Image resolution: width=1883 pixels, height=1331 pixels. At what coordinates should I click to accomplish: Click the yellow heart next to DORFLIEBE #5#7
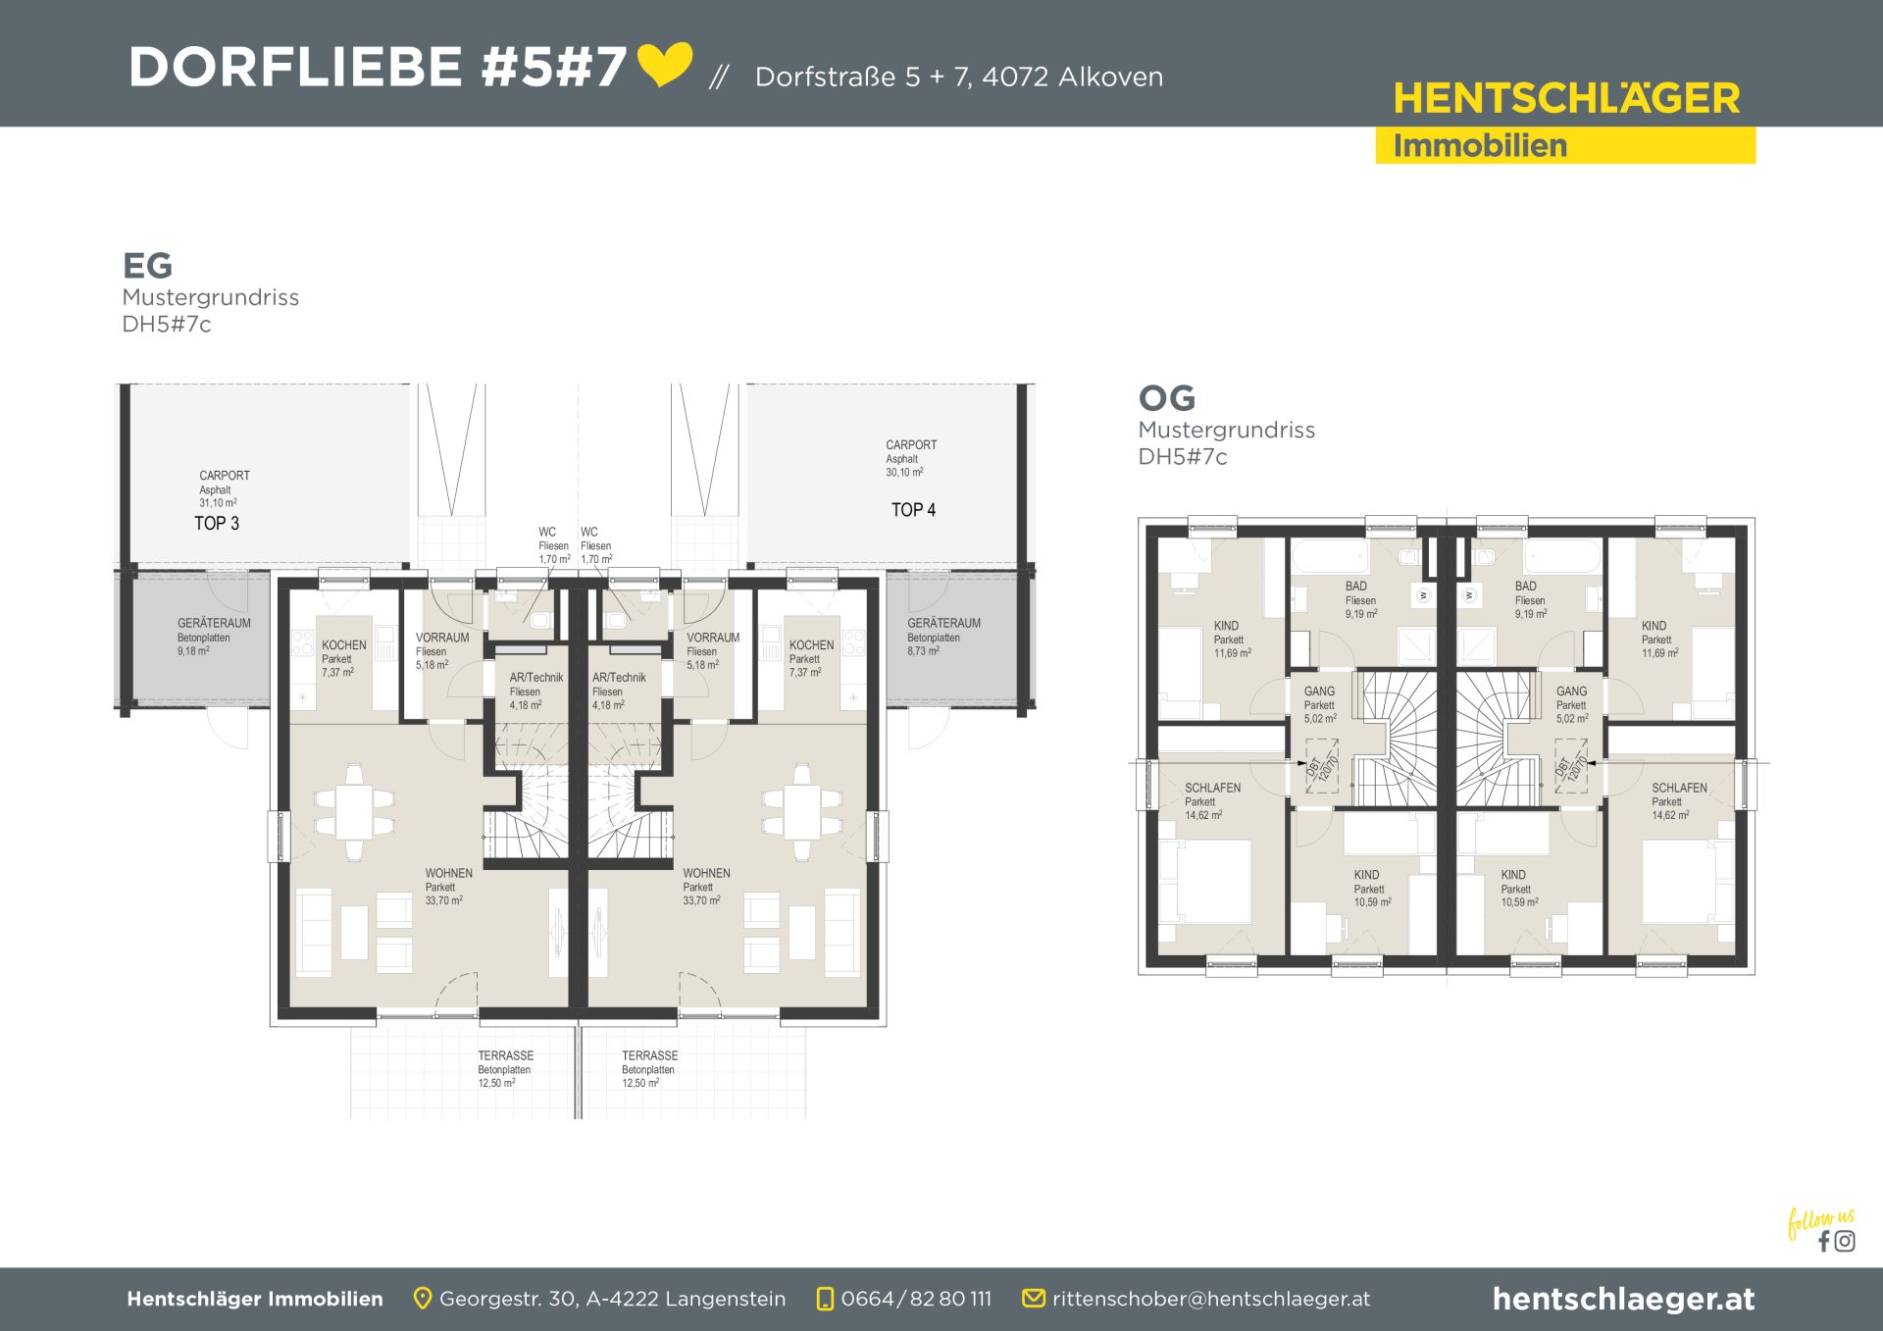pos(665,64)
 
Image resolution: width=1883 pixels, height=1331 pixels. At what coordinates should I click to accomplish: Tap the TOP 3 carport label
pos(217,524)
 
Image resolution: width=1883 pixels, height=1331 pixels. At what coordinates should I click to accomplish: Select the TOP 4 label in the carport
pos(913,510)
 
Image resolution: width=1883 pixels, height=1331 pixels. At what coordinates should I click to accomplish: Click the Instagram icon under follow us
pos(1845,1242)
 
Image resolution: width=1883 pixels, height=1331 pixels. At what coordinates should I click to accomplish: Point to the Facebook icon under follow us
pos(1824,1242)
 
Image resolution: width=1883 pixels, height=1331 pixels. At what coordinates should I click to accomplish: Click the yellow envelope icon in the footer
pos(1033,1299)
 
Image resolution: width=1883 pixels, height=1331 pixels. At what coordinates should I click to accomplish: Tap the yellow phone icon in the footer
pos(825,1299)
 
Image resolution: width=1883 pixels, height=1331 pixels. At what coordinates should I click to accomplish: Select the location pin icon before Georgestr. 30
pos(423,1299)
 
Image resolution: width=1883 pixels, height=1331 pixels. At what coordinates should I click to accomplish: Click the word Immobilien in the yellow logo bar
pos(1480,146)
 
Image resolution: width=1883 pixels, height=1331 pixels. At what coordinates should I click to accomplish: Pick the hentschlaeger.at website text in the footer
pos(1623,1299)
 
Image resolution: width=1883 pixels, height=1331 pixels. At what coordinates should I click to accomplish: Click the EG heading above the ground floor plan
pos(147,266)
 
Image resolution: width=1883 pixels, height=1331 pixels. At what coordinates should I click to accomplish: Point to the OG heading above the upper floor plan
pos(1167,398)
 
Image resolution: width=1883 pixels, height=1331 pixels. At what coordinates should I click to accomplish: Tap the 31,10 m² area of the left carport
pos(218,503)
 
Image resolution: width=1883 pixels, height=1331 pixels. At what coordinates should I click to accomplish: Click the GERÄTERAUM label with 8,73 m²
pos(943,623)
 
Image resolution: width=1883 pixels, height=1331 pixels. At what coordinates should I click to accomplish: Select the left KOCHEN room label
pos(344,645)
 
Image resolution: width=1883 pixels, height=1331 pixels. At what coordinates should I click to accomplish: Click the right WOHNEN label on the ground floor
pos(706,873)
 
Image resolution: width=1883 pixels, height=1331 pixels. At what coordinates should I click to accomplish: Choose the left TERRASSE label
pos(506,1055)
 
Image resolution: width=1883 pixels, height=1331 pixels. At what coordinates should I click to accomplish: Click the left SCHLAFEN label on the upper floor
pos(1212,788)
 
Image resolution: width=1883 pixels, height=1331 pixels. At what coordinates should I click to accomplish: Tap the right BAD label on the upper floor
pos(1526,587)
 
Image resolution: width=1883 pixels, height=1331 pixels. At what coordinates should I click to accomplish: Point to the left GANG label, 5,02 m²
pos(1319,691)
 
